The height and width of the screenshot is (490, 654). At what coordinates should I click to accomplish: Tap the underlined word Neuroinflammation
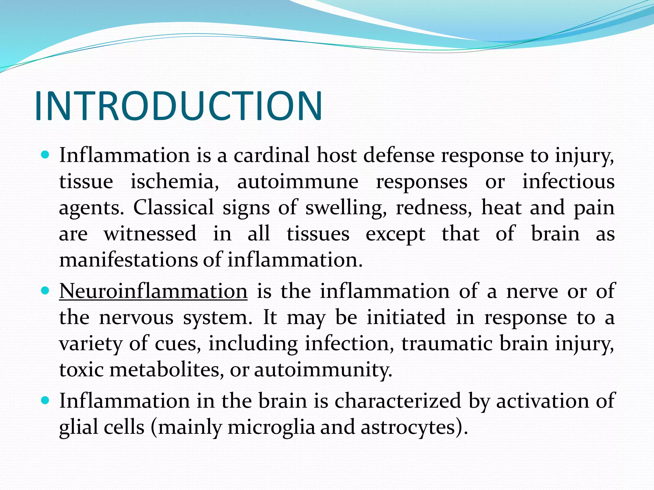click(153, 291)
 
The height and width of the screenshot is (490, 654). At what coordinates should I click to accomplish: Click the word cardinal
click(271, 155)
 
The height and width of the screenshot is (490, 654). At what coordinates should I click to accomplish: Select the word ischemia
click(174, 182)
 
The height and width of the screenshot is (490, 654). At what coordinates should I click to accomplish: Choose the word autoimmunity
click(323, 370)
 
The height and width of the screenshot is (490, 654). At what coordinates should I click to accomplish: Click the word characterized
click(398, 401)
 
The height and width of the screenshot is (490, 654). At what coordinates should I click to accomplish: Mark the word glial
click(78, 428)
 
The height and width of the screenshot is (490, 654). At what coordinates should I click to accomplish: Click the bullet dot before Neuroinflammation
click(45, 291)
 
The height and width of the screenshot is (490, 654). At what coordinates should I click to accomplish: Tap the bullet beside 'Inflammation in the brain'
click(45, 400)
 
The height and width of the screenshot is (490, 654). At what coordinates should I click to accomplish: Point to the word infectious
click(568, 182)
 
